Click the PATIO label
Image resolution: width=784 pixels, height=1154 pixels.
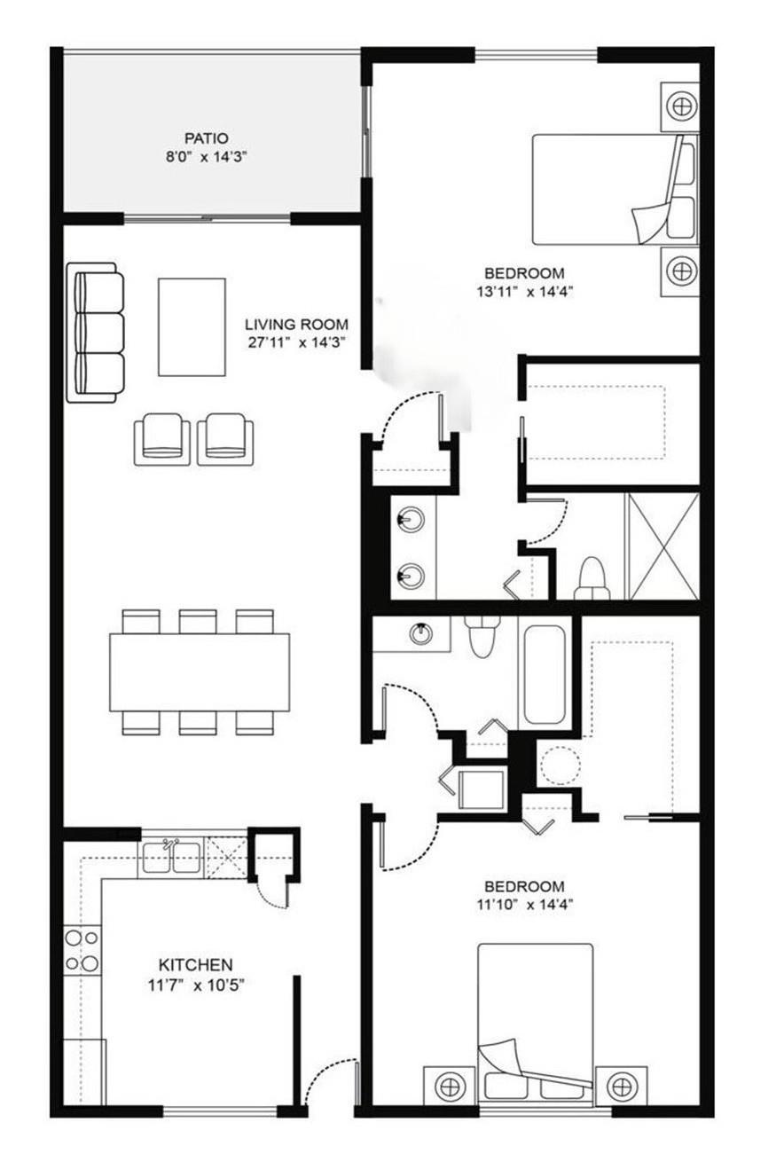[207, 138]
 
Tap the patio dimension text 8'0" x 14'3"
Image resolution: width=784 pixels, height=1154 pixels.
[207, 156]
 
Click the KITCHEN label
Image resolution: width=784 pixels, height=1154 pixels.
[195, 964]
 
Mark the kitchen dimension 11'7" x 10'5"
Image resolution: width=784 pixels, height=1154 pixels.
[195, 983]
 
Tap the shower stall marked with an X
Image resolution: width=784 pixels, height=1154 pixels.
[662, 546]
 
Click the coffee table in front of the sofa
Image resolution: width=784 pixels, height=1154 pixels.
[192, 326]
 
